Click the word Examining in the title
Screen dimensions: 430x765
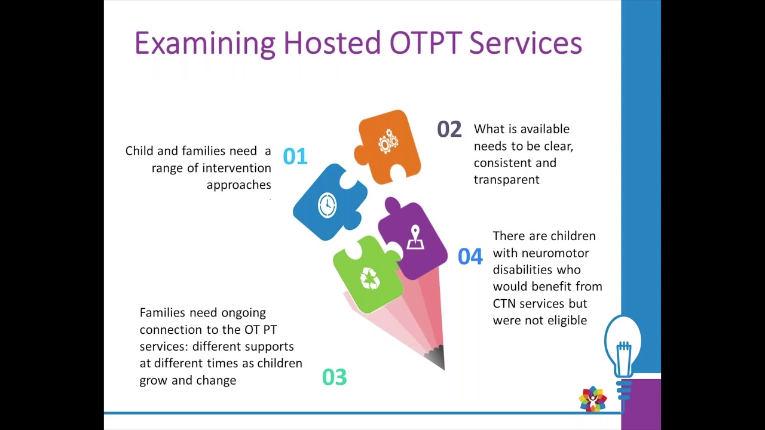point(204,44)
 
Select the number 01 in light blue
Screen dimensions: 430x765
point(295,156)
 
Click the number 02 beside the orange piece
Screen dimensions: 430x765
point(449,130)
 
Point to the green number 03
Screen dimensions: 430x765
point(334,377)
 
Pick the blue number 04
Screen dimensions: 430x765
point(470,257)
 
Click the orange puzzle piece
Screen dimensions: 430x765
point(388,146)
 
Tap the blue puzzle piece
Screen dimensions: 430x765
point(328,203)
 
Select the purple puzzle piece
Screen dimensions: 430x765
point(414,239)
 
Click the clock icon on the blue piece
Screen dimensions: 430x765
point(327,205)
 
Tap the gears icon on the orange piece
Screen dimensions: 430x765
point(388,142)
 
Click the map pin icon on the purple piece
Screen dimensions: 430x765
point(415,238)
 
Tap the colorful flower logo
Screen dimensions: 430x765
point(592,399)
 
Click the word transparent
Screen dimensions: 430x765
point(506,180)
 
